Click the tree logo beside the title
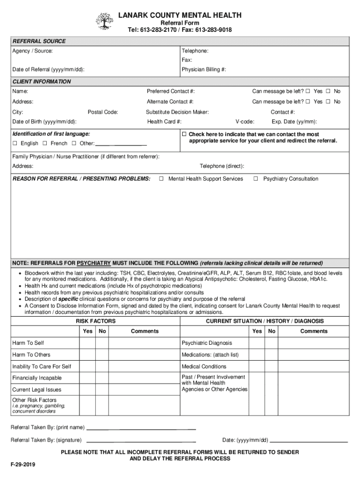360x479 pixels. pyautogui.click(x=104, y=21)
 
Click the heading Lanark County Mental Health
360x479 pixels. pyautogui.click(x=180, y=15)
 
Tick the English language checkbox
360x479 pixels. pyautogui.click(x=15, y=144)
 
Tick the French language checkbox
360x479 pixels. pyautogui.click(x=45, y=144)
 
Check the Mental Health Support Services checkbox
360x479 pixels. pyautogui.click(x=161, y=179)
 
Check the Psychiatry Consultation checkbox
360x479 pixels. pyautogui.click(x=256, y=179)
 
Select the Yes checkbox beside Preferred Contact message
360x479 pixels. pyautogui.click(x=308, y=91)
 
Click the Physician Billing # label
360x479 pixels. pyautogui.click(x=204, y=70)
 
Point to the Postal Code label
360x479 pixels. pyautogui.click(x=103, y=112)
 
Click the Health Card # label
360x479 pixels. pyautogui.click(x=164, y=122)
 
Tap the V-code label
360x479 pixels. pyautogui.click(x=245, y=122)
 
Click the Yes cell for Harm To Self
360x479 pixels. pyautogui.click(x=87, y=343)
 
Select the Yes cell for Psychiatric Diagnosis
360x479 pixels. pyautogui.click(x=257, y=343)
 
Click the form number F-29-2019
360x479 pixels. pyautogui.click(x=23, y=465)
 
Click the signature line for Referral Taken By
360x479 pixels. pyautogui.click(x=141, y=440)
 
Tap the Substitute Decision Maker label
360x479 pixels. pyautogui.click(x=177, y=112)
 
